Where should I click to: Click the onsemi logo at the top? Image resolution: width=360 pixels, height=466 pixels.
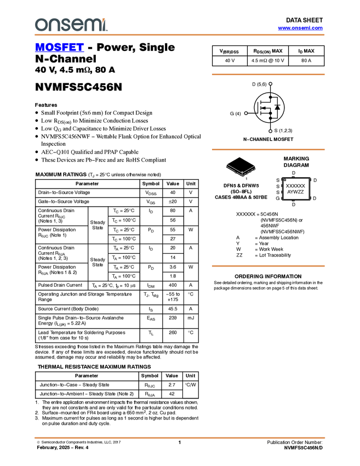pyautogui.click(x=71, y=25)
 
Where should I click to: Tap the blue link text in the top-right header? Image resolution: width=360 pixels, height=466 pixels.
pyautogui.click(x=300, y=28)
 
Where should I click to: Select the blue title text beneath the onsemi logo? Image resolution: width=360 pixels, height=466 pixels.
pyautogui.click(x=59, y=48)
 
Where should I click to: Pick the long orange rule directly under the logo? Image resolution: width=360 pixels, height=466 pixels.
pyautogui.click(x=180, y=35)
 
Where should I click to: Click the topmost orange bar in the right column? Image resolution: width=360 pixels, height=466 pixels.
pyautogui.click(x=268, y=75)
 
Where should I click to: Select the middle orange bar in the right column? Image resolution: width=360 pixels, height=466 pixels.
pyautogui.click(x=268, y=150)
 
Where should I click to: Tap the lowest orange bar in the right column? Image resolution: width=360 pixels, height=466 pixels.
pyautogui.click(x=268, y=266)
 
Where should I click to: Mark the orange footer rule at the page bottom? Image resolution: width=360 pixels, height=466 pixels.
pyautogui.click(x=180, y=438)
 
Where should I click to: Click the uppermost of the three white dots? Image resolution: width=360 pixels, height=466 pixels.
pyautogui.click(x=271, y=84)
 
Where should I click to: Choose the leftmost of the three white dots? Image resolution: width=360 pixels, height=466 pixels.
pyautogui.click(x=246, y=113)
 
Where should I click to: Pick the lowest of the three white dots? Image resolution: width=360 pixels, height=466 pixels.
pyautogui.click(x=271, y=132)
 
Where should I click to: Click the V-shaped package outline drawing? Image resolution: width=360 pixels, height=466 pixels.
pyautogui.click(x=241, y=171)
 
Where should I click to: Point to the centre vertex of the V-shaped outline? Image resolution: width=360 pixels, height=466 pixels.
pyautogui.click(x=242, y=174)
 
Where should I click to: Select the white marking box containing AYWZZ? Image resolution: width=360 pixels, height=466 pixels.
pyautogui.click(x=296, y=189)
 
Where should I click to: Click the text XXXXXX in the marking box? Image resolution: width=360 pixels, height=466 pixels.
pyautogui.click(x=296, y=186)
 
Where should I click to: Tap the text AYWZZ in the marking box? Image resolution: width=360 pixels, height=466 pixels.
pyautogui.click(x=295, y=192)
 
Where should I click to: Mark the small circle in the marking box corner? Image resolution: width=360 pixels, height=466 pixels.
pyautogui.click(x=285, y=180)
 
